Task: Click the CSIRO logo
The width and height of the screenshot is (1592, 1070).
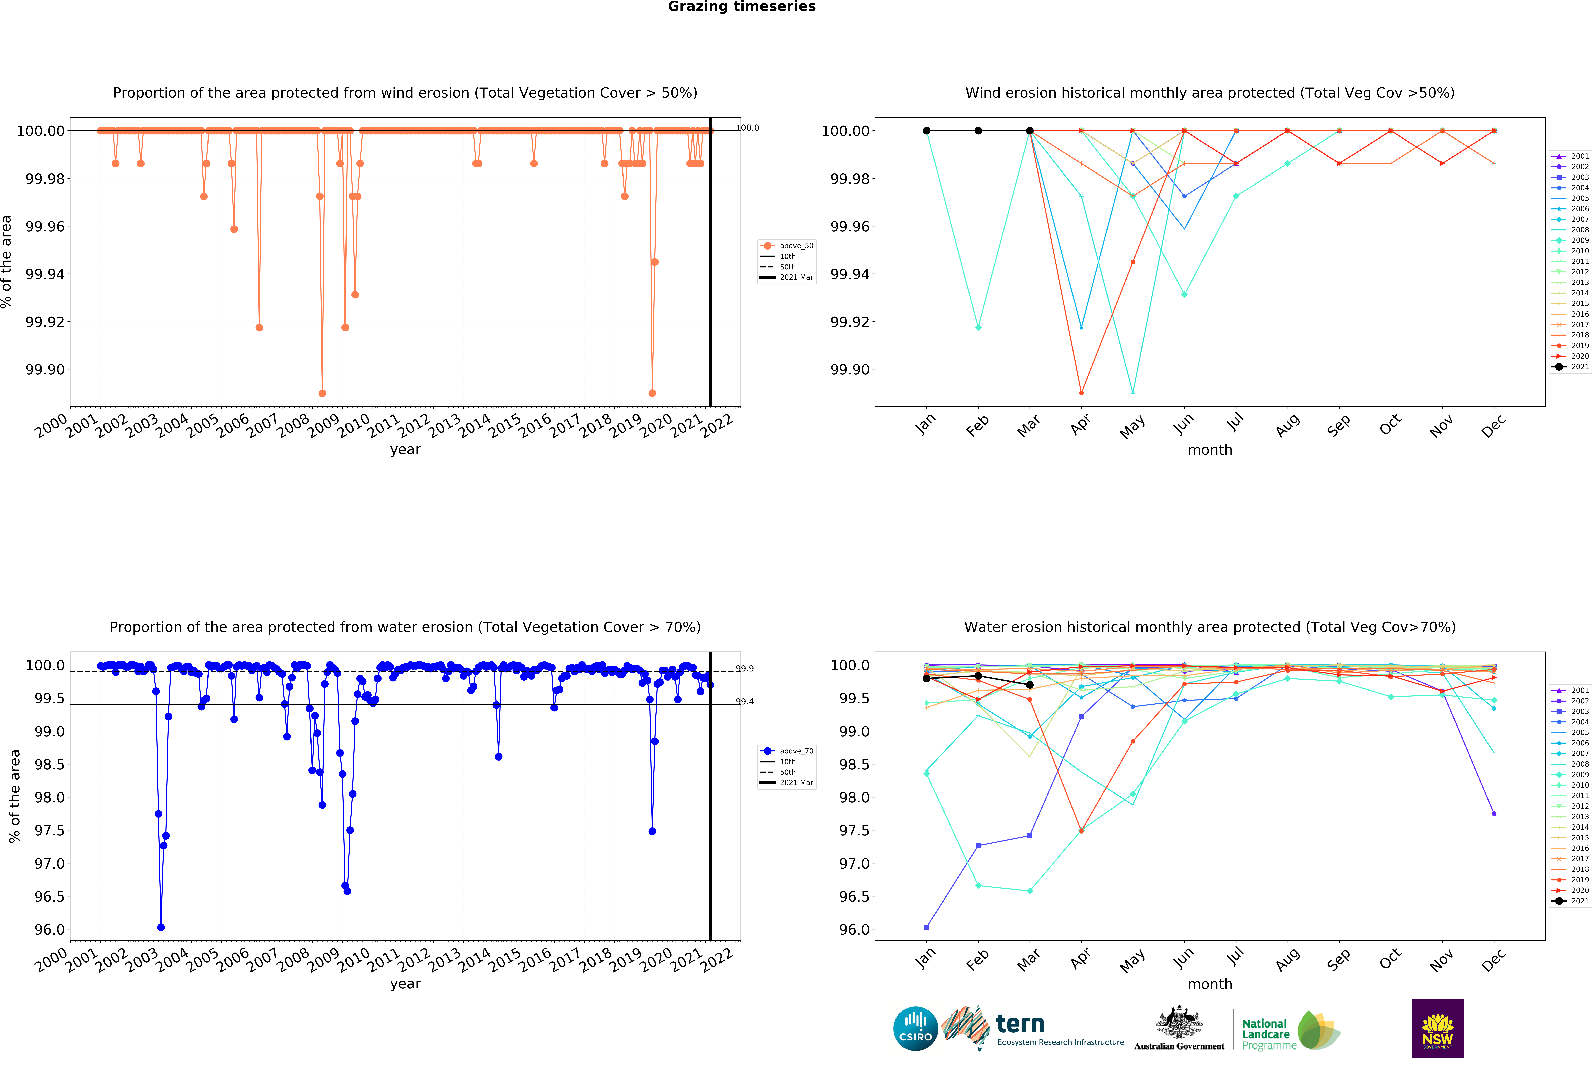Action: [915, 1028]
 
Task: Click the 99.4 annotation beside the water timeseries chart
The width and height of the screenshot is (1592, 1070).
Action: [744, 702]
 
